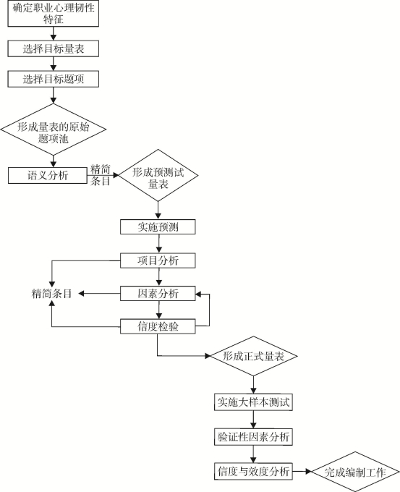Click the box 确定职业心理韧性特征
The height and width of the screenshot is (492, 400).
54,14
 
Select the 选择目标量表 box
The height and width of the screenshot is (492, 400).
54,48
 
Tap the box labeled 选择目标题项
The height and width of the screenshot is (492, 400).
54,79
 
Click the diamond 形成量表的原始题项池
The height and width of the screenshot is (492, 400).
54,130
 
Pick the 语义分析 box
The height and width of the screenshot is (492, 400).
47,175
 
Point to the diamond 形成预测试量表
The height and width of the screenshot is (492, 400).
158,175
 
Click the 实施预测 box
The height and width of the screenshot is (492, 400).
158,227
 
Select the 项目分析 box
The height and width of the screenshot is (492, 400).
158,260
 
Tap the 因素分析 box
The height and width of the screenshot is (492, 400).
158,293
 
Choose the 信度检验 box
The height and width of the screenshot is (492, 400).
158,326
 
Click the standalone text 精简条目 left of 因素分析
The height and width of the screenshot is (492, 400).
52,293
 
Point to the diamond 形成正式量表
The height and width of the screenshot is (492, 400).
253,356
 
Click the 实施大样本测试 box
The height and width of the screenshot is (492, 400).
253,402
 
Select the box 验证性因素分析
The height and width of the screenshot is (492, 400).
253,436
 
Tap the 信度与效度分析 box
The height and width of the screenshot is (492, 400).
253,471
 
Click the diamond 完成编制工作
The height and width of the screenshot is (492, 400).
355,472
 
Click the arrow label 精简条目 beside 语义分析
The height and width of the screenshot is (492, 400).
101,175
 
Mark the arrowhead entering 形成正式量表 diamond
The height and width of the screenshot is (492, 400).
208,356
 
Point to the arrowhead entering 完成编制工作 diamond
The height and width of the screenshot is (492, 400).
308,471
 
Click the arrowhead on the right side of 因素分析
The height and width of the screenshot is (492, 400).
198,294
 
